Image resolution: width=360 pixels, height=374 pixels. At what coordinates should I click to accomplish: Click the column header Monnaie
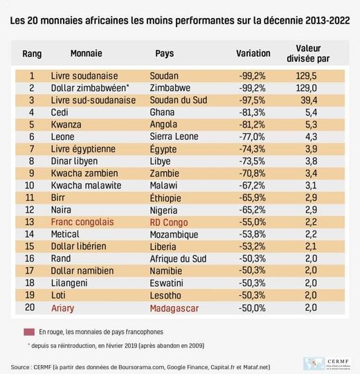[x=87, y=53]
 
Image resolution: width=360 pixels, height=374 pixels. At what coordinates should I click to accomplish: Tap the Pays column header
[x=165, y=53]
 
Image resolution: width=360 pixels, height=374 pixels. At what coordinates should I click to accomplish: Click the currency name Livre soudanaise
[x=84, y=75]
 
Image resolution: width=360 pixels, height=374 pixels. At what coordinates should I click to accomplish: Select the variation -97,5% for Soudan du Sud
[x=251, y=100]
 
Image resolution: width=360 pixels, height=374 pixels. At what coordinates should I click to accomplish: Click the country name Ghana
[x=162, y=112]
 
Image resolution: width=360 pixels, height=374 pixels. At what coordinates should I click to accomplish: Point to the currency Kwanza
[x=66, y=125]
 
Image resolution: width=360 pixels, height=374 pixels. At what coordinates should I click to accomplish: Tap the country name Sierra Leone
[x=174, y=137]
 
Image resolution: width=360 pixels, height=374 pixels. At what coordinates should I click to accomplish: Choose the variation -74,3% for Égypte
[x=251, y=149]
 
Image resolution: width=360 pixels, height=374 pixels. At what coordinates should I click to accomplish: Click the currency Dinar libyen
[x=75, y=161]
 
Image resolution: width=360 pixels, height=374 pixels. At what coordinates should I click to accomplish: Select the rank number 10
[x=29, y=186]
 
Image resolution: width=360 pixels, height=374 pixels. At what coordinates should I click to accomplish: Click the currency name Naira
[x=63, y=210]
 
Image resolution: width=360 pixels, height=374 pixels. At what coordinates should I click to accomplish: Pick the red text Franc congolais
[x=82, y=222]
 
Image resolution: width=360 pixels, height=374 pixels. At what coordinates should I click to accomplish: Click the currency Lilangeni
[x=70, y=283]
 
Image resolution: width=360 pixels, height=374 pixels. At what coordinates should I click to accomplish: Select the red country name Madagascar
[x=175, y=308]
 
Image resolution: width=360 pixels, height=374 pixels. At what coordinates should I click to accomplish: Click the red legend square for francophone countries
[x=30, y=332]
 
